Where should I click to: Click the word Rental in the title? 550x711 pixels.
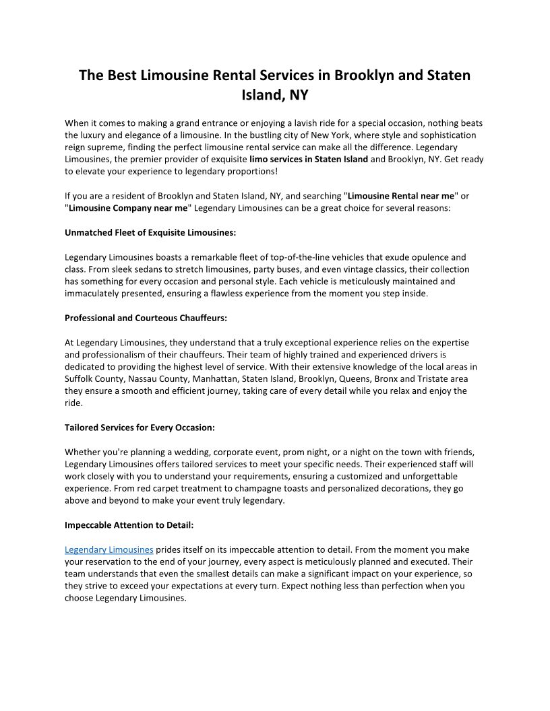coord(240,75)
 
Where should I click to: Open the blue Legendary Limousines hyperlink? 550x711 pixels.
coord(109,549)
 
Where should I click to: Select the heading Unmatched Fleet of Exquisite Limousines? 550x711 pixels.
coord(150,232)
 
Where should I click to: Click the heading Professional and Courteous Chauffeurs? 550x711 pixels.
coord(146,318)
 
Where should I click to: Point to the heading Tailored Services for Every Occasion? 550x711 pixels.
coord(140,427)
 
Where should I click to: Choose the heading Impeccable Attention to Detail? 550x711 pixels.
coord(129,524)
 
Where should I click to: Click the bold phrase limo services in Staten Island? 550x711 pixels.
coord(309,160)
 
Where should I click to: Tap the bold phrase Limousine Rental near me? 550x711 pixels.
coord(401,196)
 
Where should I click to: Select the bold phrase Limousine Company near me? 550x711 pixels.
coord(127,208)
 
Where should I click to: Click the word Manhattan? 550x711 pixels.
coord(217,378)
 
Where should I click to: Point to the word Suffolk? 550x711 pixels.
coord(80,378)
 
